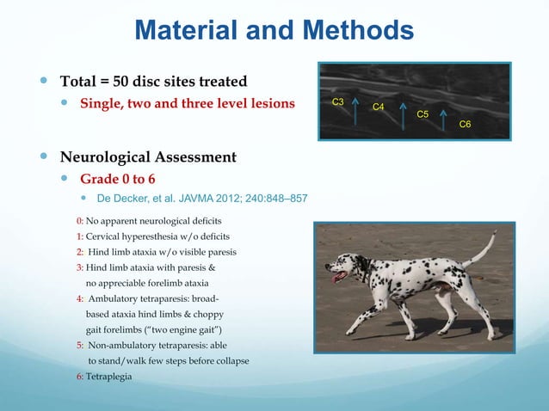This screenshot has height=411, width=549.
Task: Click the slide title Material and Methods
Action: [274, 32]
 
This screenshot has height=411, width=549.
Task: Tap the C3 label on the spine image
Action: [338, 102]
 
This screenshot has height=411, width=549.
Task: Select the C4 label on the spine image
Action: [377, 107]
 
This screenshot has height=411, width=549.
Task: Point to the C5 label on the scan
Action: [423, 114]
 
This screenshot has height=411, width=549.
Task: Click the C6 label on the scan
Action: [465, 125]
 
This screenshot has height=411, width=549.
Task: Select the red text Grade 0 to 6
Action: [123, 180]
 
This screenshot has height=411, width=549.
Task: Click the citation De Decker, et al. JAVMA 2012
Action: [202, 199]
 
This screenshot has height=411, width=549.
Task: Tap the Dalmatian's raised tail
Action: [479, 250]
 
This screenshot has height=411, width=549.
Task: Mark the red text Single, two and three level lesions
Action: [187, 104]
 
